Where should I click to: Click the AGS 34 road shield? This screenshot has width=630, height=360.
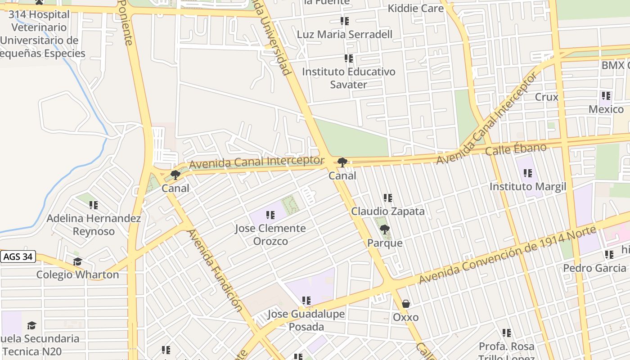coord(18,257)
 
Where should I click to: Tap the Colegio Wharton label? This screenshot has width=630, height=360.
coord(77,274)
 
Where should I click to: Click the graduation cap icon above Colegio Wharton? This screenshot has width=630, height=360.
coord(77,262)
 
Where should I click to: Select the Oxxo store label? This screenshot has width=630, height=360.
coord(405,317)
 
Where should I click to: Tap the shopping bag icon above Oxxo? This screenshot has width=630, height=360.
coord(405,304)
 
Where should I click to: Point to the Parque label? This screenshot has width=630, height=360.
coord(385,243)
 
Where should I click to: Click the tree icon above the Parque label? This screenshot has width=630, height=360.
coord(384,230)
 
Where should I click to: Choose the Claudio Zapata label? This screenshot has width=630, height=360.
coord(387,211)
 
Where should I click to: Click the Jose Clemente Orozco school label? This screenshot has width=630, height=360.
coord(270,234)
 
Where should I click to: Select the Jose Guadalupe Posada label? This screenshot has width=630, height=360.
coord(306,320)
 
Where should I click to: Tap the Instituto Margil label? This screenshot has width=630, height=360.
coord(527,186)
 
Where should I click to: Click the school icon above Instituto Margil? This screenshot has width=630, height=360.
coord(527,173)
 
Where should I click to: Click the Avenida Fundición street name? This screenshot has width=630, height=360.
coord(215,270)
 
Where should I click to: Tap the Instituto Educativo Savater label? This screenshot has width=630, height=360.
coord(348,78)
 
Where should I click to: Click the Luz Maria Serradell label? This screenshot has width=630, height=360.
coord(344,34)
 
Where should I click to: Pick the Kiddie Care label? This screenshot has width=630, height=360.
coord(415,8)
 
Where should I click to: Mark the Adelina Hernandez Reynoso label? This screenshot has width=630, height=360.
coord(94,225)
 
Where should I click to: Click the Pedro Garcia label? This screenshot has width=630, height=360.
coord(594,268)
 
